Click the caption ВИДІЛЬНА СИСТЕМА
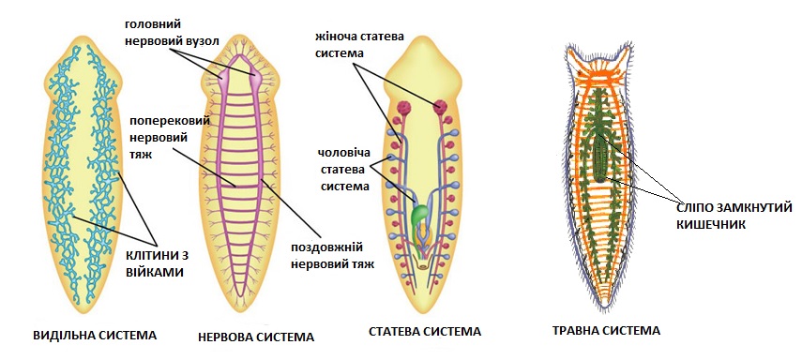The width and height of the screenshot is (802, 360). click(95, 336)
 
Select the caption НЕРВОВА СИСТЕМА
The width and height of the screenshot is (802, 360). click(256, 337)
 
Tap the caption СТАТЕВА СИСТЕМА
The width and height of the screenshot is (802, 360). click(425, 331)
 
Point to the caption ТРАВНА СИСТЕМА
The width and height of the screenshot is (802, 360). click(606, 330)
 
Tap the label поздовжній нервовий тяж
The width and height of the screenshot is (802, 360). click(332, 256)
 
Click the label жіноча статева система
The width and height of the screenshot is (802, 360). click(359, 45)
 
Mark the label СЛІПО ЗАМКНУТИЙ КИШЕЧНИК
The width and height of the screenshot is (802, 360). click(734, 216)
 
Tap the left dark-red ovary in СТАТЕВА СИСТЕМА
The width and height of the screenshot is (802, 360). click(404, 108)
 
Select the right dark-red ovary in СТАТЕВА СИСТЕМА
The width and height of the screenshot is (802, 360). click(440, 106)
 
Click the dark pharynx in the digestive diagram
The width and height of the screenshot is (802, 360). click(600, 159)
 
